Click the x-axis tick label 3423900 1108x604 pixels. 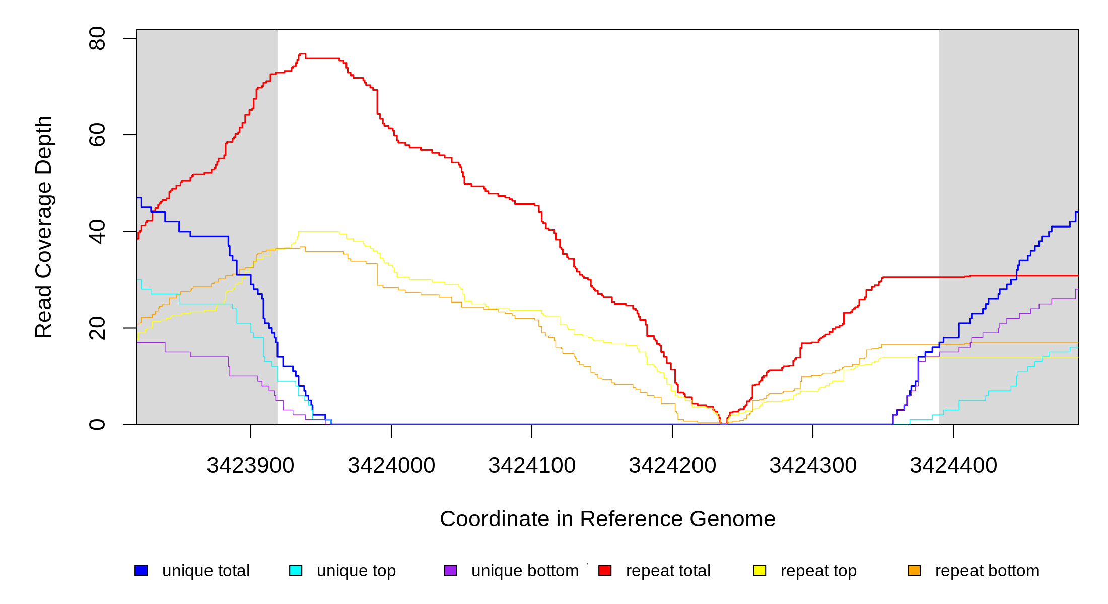tap(250, 466)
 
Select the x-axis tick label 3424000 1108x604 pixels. tap(391, 466)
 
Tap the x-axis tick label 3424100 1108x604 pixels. tap(532, 466)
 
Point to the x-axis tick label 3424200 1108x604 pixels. tap(672, 466)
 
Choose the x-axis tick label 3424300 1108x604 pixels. tap(813, 466)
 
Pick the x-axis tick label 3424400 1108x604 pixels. tap(953, 466)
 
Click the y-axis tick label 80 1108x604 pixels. tap(97, 39)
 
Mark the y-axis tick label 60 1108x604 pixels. tap(97, 135)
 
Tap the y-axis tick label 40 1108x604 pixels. tap(97, 232)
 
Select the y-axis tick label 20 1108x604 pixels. tap(97, 328)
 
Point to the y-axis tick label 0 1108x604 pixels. tap(97, 424)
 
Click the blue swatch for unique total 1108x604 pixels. tap(141, 571)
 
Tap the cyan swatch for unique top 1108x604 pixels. tap(296, 571)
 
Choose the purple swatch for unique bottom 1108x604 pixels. tap(450, 571)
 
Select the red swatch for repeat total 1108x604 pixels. tap(605, 571)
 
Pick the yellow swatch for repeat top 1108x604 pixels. tap(759, 571)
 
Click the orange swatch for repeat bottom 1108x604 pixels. tap(914, 571)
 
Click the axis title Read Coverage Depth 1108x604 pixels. tap(44, 226)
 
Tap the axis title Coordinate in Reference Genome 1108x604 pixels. tap(607, 519)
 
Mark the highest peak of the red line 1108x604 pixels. tap(302, 53)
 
